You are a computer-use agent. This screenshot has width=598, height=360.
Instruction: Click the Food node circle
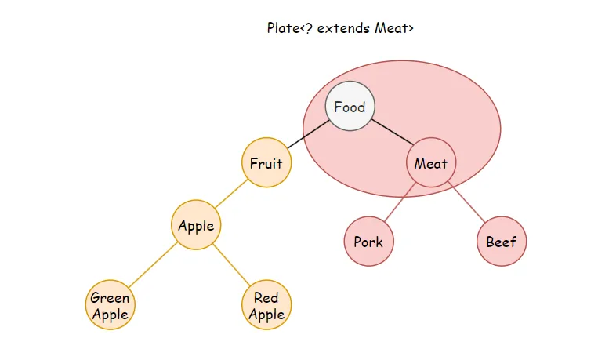(x=350, y=107)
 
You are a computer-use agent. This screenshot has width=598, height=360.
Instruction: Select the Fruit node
(x=266, y=163)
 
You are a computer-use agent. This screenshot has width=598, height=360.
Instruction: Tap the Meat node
(x=430, y=163)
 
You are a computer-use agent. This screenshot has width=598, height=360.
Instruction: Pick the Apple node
(x=196, y=226)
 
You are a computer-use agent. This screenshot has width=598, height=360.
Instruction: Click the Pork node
(x=368, y=242)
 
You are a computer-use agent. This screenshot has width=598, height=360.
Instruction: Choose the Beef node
(x=502, y=242)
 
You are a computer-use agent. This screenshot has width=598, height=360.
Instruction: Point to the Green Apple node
(x=110, y=306)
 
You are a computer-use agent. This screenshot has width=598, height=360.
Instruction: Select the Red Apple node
(x=266, y=306)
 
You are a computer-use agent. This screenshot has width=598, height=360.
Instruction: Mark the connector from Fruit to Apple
(x=231, y=194)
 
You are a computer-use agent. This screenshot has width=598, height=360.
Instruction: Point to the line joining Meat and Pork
(x=400, y=202)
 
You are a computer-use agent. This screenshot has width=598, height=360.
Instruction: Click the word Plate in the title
(x=283, y=29)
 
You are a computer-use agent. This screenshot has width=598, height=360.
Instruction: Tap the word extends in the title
(x=342, y=29)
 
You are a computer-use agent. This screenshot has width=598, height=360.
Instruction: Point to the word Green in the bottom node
(x=110, y=298)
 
